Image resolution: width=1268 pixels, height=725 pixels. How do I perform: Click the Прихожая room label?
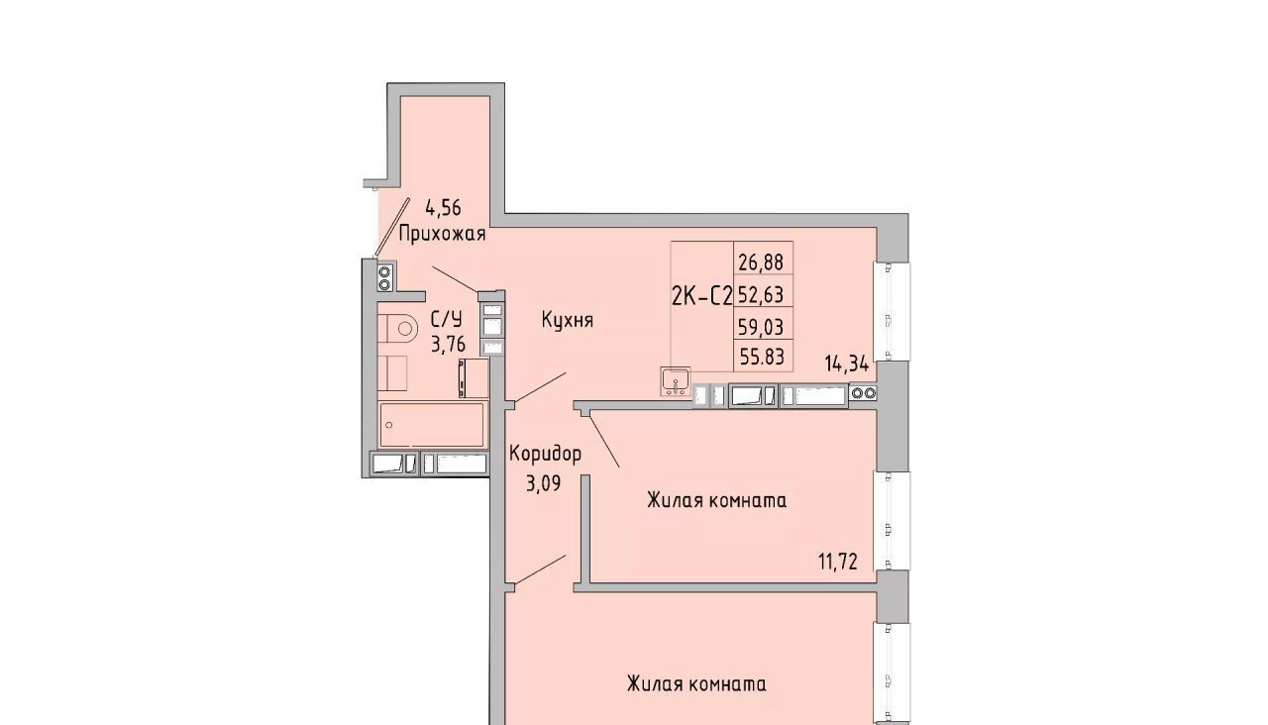click(x=442, y=233)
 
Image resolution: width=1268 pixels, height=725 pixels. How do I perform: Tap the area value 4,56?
click(x=443, y=208)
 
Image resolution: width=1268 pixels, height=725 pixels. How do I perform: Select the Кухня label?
click(x=568, y=320)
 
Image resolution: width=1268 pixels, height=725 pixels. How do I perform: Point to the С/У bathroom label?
click(x=447, y=320)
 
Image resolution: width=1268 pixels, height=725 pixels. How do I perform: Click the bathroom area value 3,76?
click(x=449, y=344)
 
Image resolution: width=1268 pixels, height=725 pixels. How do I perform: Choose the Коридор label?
click(x=545, y=454)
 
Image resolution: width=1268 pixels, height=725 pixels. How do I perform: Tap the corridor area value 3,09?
click(x=544, y=483)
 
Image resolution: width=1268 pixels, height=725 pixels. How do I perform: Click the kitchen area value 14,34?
click(x=846, y=363)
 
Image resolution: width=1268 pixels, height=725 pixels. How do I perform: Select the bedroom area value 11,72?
click(x=838, y=562)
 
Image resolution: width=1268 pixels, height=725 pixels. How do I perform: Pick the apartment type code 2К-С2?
click(x=702, y=296)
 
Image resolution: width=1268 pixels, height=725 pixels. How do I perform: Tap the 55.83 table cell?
click(x=762, y=357)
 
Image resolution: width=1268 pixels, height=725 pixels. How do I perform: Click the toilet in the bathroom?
click(x=396, y=329)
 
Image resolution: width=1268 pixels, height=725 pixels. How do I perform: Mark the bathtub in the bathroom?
click(x=432, y=425)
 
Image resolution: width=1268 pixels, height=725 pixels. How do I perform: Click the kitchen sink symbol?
click(x=676, y=381)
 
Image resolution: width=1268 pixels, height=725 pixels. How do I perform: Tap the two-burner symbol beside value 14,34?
click(x=863, y=393)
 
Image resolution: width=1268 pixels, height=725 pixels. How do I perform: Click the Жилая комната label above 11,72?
click(x=716, y=501)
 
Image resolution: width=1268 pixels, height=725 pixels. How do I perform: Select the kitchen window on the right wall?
click(x=893, y=311)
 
